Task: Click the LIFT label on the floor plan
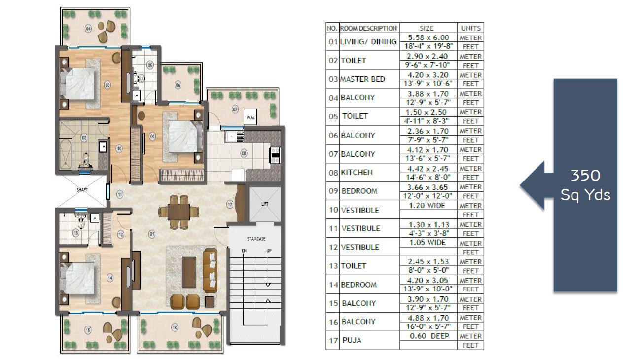pyautogui.click(x=265, y=204)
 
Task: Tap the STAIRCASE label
pyautogui.click(x=256, y=239)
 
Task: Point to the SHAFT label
pyautogui.click(x=82, y=190)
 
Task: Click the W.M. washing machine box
pyautogui.click(x=250, y=117)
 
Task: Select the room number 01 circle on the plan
pyautogui.click(x=152, y=234)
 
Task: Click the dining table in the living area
pyautogui.click(x=179, y=212)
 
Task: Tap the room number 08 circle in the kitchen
pyautogui.click(x=244, y=153)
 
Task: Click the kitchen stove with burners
pyautogui.click(x=275, y=155)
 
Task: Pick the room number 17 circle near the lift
pyautogui.click(x=229, y=205)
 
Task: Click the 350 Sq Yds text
pyautogui.click(x=585, y=185)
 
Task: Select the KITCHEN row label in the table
pyautogui.click(x=357, y=172)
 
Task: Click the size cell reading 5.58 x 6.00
pyautogui.click(x=429, y=37)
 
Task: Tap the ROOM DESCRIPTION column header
pyautogui.click(x=368, y=28)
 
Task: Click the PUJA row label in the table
pyautogui.click(x=352, y=340)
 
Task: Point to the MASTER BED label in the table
pyautogui.click(x=362, y=79)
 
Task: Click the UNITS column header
pyautogui.click(x=470, y=28)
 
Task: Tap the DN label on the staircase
pyautogui.click(x=244, y=251)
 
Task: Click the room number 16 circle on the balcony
pyautogui.click(x=175, y=327)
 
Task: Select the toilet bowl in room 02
pyautogui.click(x=86, y=160)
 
